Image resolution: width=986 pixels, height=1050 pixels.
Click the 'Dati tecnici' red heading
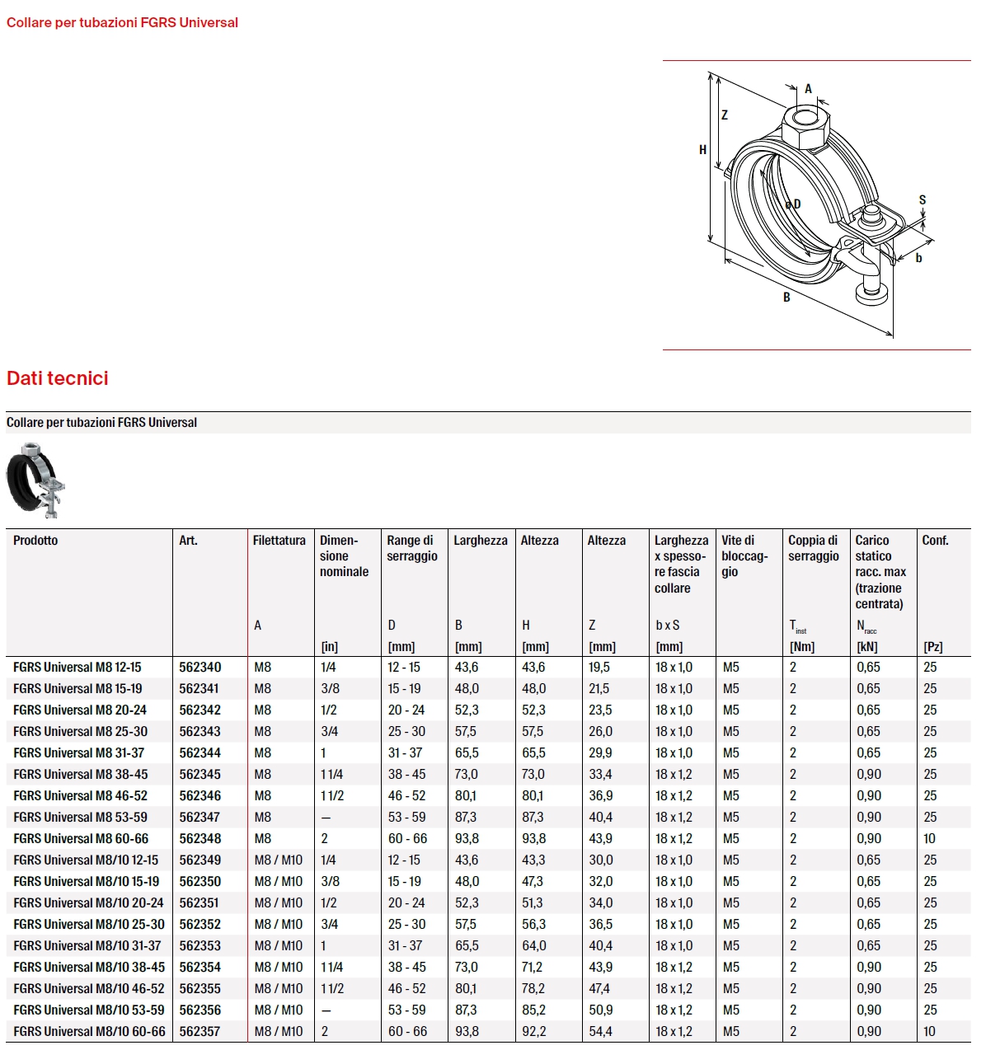coord(58,378)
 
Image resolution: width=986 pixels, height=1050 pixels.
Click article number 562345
coord(200,774)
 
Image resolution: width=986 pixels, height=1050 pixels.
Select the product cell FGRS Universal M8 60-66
coord(81,838)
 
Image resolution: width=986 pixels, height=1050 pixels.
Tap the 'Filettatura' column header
coord(279,541)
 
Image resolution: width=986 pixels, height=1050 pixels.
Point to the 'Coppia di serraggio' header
coord(813,548)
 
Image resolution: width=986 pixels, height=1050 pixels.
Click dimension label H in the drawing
coord(702,150)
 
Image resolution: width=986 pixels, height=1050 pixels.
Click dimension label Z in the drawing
coord(725,115)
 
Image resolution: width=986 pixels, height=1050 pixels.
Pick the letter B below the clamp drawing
coord(786,298)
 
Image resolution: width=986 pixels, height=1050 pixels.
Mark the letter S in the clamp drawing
coord(923,200)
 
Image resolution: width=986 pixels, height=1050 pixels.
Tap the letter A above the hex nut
coord(808,89)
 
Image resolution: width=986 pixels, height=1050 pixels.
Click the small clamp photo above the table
coord(36,481)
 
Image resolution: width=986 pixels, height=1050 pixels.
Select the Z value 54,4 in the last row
coord(600,1031)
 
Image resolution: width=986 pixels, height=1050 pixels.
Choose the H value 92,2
coord(533,1031)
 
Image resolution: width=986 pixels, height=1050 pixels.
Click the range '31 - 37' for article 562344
coord(405,752)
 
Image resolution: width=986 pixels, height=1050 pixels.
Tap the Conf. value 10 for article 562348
coord(929,838)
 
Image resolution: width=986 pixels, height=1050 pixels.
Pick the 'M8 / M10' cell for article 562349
coord(279,860)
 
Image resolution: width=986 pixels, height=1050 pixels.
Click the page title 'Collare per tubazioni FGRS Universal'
coord(122,23)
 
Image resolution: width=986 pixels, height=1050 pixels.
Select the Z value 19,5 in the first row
coord(599,667)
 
